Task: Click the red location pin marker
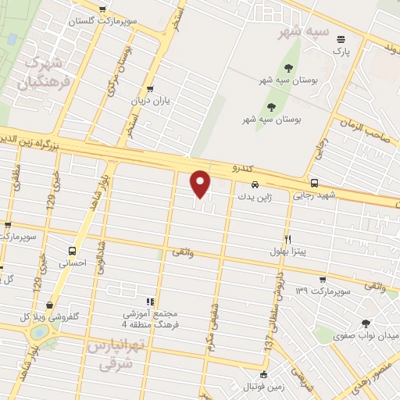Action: pos(201,184)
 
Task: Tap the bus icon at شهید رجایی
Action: pos(313,182)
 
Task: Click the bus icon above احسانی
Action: pos(73,252)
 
